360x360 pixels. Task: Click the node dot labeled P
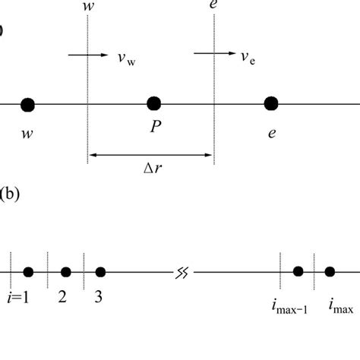(x=153, y=103)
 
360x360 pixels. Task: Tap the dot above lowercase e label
(x=270, y=103)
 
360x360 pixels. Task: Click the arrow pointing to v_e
(x=207, y=54)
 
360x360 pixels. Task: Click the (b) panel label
(x=10, y=194)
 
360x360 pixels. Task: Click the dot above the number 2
(x=66, y=272)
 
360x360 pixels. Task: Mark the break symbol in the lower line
(x=182, y=272)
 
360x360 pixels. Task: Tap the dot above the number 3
(x=100, y=272)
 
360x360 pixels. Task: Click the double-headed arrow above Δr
(x=151, y=155)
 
